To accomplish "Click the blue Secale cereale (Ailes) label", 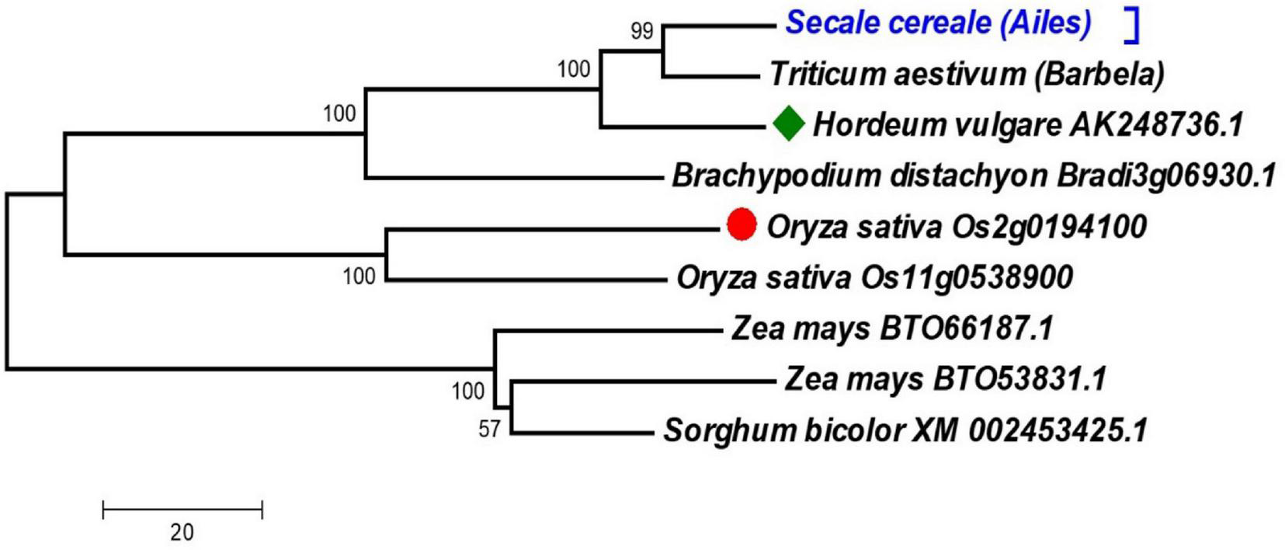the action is [938, 23].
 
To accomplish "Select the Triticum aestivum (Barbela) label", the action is [967, 75].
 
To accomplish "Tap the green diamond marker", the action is [789, 124].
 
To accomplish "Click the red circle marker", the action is [741, 225].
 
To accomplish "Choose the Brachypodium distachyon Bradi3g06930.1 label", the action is [973, 176].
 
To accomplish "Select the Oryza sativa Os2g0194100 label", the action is [957, 227].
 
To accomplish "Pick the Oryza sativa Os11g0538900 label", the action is [874, 277].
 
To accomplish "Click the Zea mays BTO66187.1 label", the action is [891, 329].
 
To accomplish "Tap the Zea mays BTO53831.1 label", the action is [945, 379].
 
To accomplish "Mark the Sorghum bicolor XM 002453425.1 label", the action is [905, 430].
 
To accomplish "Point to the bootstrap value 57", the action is [489, 429].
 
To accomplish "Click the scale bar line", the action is [182, 510].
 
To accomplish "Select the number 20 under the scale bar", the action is [182, 533].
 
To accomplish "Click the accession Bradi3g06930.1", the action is [1165, 176].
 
